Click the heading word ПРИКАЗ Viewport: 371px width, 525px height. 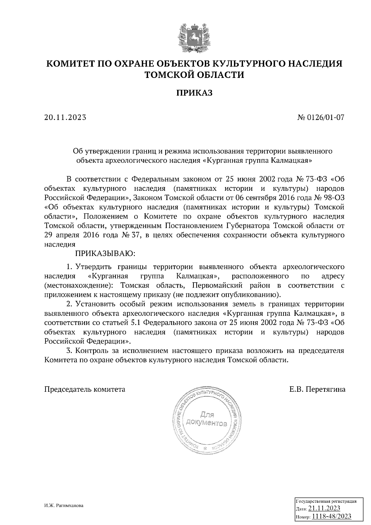pos(194,93)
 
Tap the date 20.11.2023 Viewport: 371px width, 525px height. pos(65,117)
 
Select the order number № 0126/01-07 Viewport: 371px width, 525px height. pos(321,117)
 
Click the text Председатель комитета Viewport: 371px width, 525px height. pos(85,389)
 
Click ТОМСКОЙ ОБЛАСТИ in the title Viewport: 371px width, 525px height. pos(194,75)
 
